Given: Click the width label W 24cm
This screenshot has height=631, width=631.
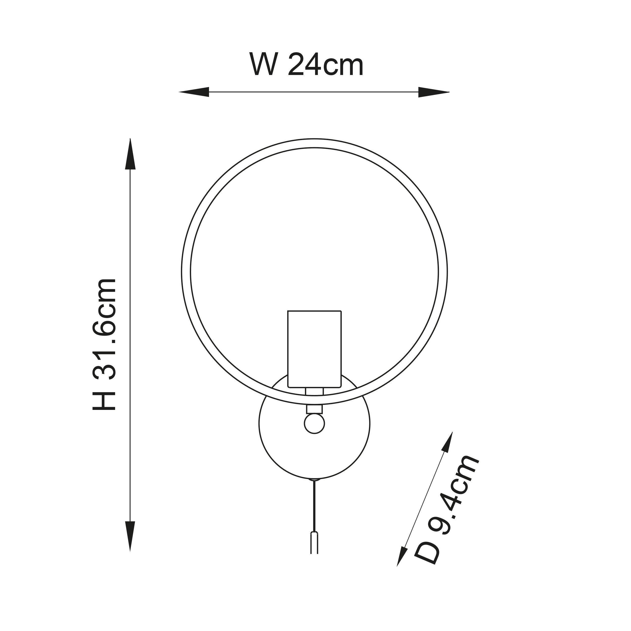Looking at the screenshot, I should (306, 65).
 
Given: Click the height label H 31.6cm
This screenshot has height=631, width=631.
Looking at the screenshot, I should (104, 345).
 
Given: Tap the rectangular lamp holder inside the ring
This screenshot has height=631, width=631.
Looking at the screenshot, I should (314, 349).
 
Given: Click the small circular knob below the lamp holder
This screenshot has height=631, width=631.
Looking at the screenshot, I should (314, 424).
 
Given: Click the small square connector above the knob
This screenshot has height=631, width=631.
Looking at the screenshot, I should (314, 409).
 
